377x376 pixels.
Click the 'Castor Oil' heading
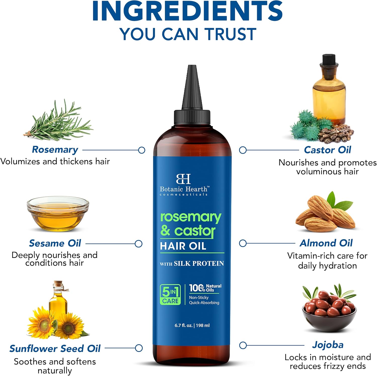[327, 150]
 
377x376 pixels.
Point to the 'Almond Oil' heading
[326, 243]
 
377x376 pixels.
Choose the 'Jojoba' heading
[327, 345]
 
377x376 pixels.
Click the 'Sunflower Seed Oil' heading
[55, 348]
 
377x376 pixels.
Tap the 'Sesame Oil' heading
[55, 243]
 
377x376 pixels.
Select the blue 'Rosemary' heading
[55, 149]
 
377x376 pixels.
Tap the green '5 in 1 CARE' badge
[170, 295]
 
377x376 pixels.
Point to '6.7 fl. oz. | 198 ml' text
[192, 325]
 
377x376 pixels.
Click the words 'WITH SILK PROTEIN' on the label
[192, 263]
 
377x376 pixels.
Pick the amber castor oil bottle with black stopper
[329, 91]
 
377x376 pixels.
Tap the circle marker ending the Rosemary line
[142, 150]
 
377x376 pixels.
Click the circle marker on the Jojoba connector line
[243, 345]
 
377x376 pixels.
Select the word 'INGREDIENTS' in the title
[187, 11]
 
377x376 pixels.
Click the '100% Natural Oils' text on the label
[205, 288]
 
